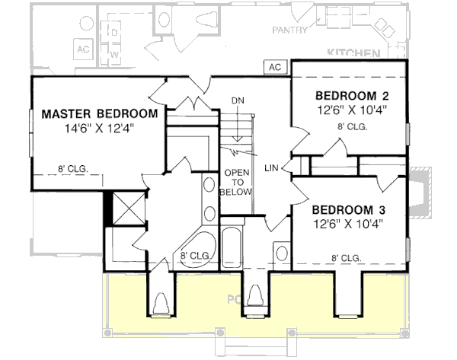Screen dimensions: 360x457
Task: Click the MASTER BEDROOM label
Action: tap(99, 113)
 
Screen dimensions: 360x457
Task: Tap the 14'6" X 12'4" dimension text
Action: tap(99, 128)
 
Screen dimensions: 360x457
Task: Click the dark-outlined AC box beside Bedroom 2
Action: tap(276, 67)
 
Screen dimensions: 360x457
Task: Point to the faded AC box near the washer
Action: tap(83, 48)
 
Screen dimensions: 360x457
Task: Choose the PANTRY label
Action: tap(290, 30)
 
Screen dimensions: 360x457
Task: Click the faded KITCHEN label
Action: tap(353, 53)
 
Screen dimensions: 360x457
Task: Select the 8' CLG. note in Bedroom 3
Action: tap(346, 258)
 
